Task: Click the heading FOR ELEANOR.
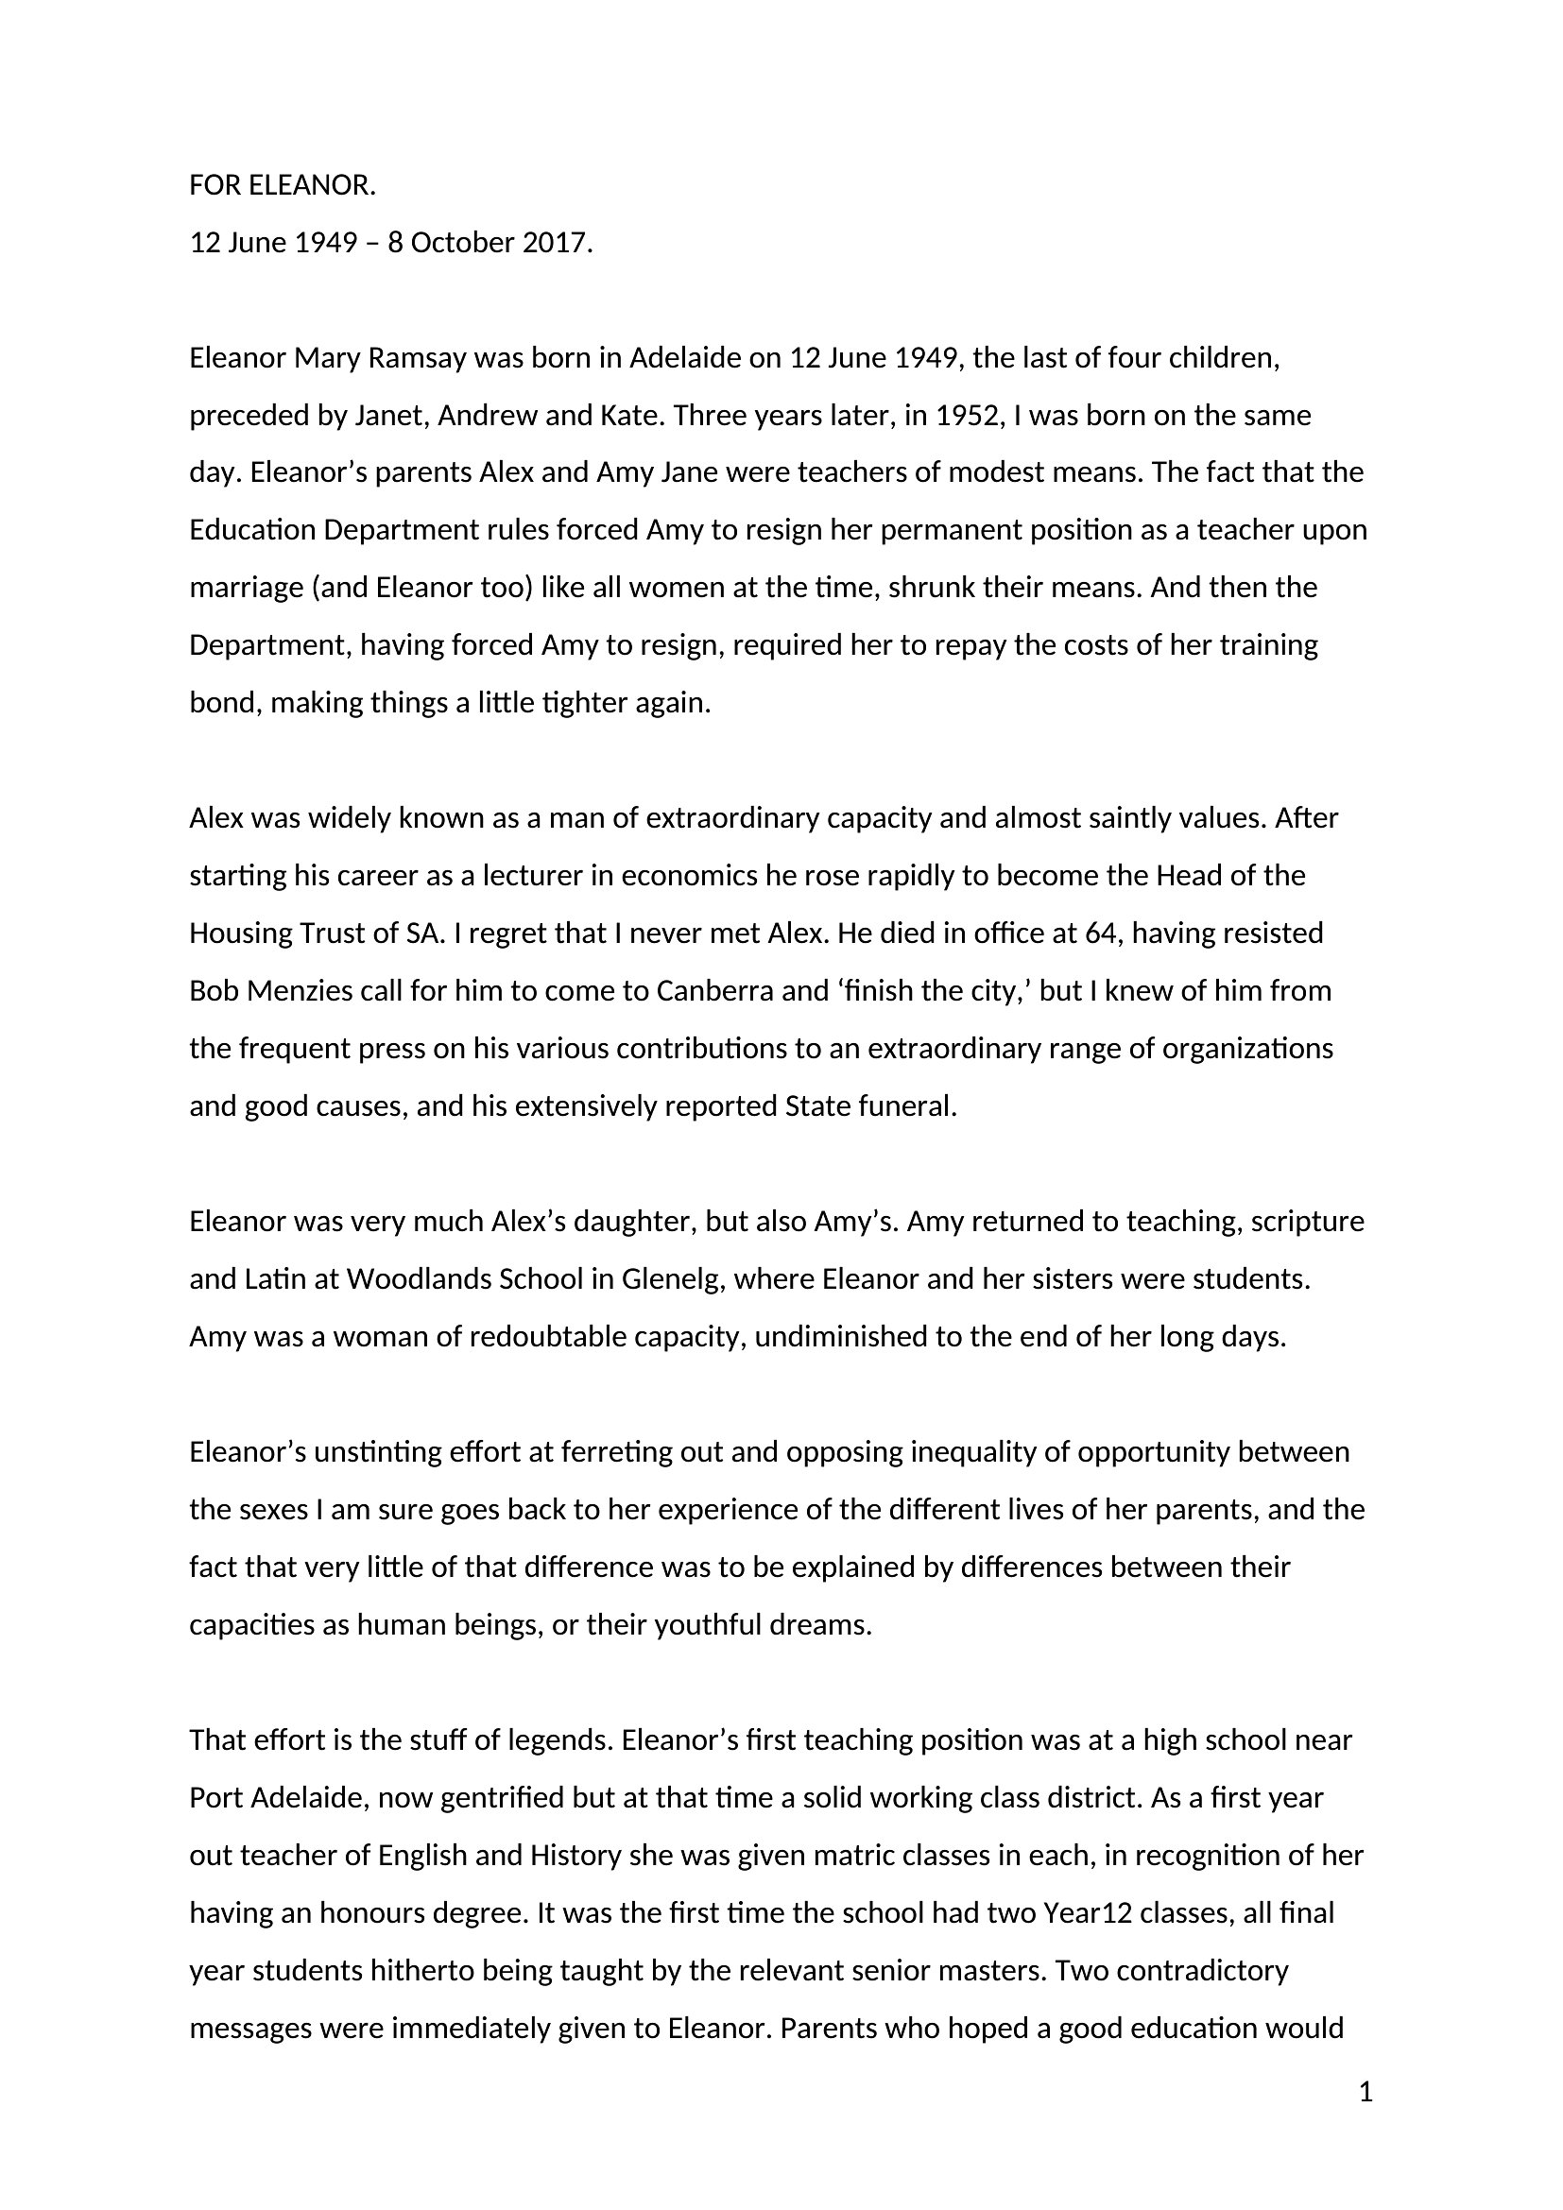282,186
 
